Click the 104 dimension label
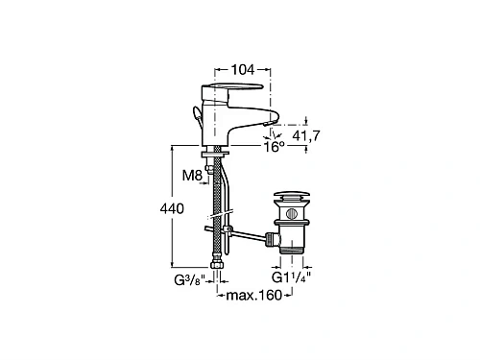243,69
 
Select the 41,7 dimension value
306,136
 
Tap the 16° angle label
275,147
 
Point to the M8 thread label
192,175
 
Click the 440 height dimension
172,208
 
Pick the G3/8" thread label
189,280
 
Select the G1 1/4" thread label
291,277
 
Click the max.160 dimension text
254,295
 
